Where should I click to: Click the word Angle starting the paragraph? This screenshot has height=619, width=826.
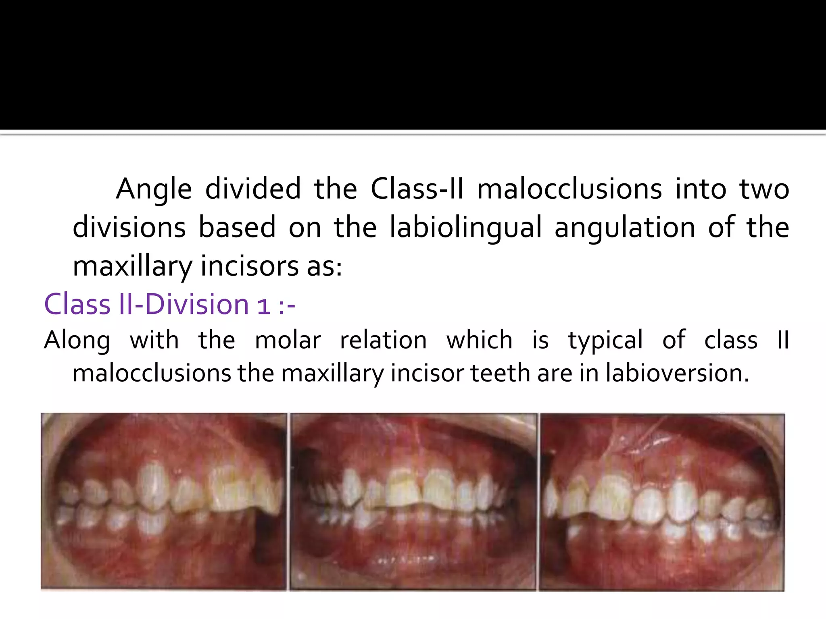[154, 189]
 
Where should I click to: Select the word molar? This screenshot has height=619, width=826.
[288, 340]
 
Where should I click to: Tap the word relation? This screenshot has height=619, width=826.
[383, 340]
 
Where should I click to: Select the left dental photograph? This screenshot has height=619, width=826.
[164, 501]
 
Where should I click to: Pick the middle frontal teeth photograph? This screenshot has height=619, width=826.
[413, 501]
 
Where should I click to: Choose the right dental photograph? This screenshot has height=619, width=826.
[662, 501]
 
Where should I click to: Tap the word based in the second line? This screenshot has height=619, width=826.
[237, 227]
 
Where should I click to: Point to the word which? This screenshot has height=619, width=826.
[480, 340]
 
